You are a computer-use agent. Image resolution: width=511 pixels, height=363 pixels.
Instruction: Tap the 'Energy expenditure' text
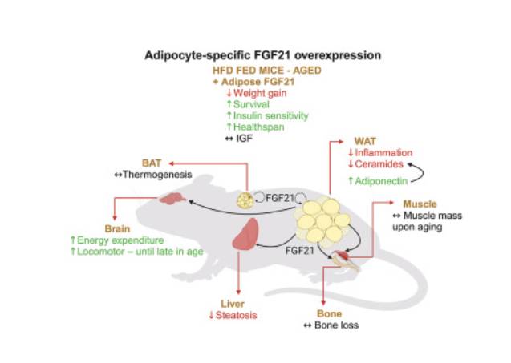(120, 240)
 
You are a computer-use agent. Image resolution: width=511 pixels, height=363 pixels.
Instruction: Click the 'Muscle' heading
(420, 204)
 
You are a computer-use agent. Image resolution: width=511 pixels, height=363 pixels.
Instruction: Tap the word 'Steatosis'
(237, 315)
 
